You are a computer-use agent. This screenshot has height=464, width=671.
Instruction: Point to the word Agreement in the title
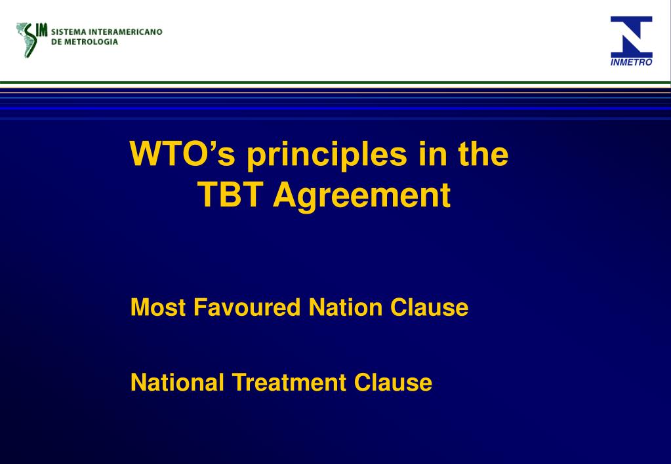(x=362, y=195)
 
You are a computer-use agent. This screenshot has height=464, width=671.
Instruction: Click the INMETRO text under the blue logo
(x=632, y=62)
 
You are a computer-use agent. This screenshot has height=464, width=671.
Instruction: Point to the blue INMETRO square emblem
(x=632, y=37)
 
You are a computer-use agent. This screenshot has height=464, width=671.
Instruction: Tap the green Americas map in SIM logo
(x=28, y=39)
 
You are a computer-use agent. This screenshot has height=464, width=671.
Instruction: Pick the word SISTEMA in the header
(x=68, y=31)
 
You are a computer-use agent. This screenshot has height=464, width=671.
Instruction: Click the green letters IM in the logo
(x=43, y=29)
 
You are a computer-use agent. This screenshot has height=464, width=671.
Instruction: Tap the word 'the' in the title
(x=484, y=155)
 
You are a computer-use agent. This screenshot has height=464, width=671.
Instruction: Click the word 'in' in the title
(x=428, y=155)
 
